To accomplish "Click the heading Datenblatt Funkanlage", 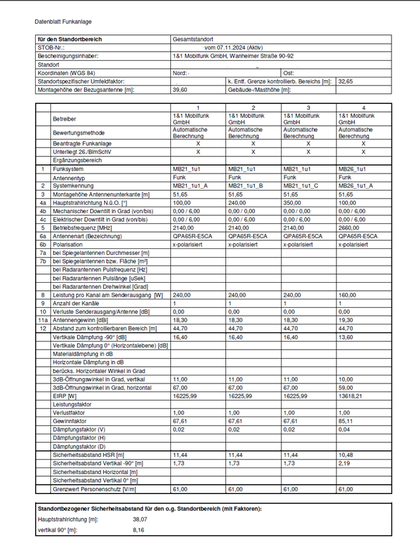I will pos(64,21).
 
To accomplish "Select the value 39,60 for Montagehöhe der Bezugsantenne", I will pos(179,89).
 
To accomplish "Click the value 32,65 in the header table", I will pos(346,81).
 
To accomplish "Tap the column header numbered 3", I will pos(308,108).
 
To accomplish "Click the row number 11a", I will pos(42,320).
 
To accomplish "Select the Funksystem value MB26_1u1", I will pos(352,170).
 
